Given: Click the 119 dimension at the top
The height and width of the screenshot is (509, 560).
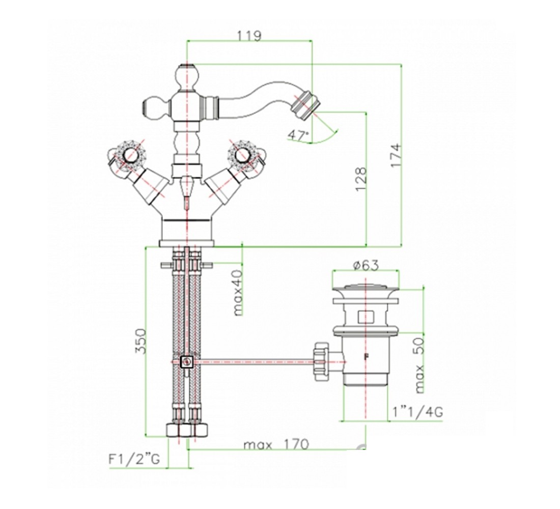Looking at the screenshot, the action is (x=249, y=35).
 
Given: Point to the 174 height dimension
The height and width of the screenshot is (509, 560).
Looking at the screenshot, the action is (x=396, y=155).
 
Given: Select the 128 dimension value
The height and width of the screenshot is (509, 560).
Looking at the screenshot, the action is (x=361, y=180).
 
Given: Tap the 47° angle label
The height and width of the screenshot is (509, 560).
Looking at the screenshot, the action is (x=298, y=135).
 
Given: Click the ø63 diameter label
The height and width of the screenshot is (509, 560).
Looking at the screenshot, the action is (x=366, y=265).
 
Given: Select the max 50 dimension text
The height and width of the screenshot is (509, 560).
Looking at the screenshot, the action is (x=419, y=365).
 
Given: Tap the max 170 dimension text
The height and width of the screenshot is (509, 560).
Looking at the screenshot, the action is (x=276, y=445).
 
